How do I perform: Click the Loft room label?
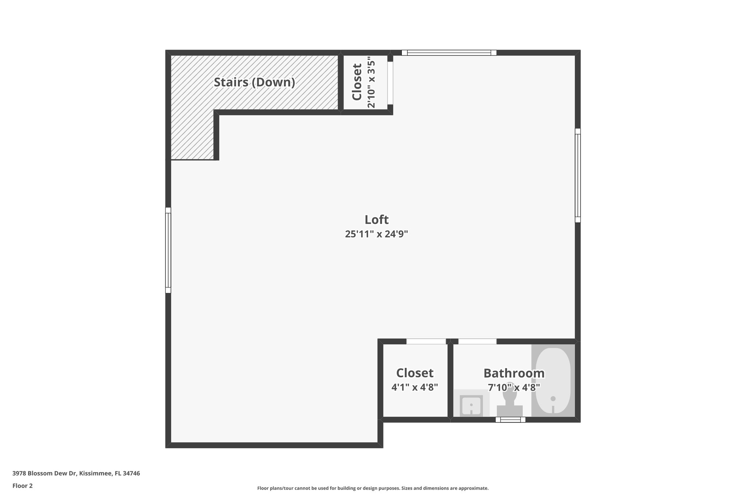(x=376, y=220)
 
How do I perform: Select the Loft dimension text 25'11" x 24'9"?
(x=376, y=234)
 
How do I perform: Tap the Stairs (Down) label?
(x=254, y=82)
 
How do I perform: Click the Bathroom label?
(x=514, y=373)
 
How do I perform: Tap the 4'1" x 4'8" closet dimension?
(x=415, y=387)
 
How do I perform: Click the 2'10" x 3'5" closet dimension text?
(x=371, y=82)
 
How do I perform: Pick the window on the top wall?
(x=449, y=53)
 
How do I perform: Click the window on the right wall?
(x=578, y=175)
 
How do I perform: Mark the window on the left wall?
(x=168, y=250)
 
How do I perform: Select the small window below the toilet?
(x=510, y=420)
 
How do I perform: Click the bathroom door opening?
(x=477, y=341)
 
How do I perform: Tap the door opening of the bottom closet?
(x=426, y=341)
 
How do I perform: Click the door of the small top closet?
(x=390, y=83)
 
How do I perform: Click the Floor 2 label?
(x=23, y=486)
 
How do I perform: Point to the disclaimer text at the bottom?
(x=373, y=488)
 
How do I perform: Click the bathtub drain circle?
(x=553, y=399)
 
